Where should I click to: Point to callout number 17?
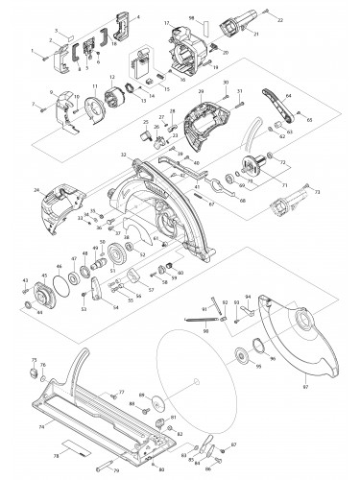pyautogui.click(x=166, y=22)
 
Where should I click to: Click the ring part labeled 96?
pyautogui.click(x=257, y=348)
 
